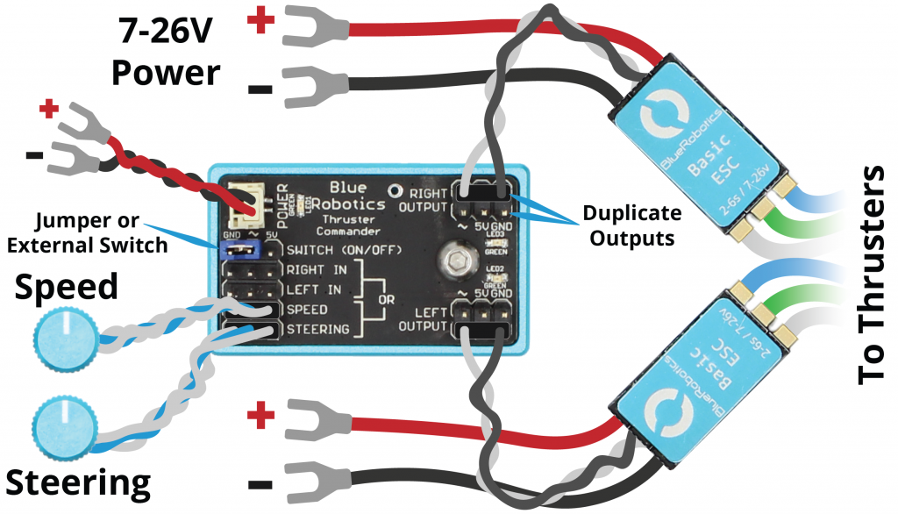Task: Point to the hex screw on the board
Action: tap(455, 259)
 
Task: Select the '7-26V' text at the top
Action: tap(165, 32)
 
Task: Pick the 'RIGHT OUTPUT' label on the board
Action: tap(423, 199)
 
